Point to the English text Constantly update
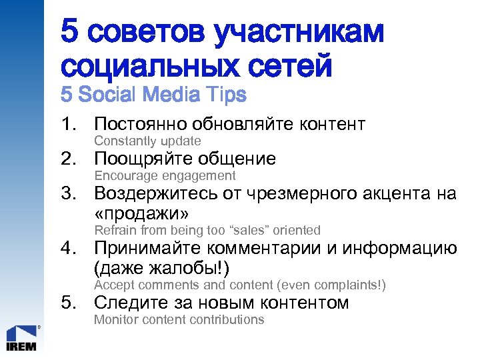[x=147, y=141]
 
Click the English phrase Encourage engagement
[x=165, y=176]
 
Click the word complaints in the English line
[x=350, y=285]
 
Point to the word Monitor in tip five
[x=115, y=320]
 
